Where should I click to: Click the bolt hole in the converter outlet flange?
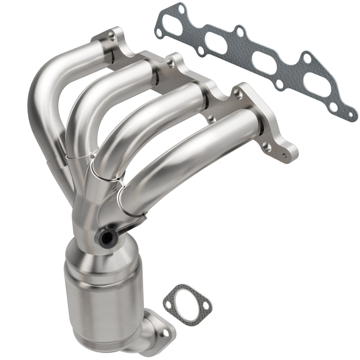[x=165, y=334]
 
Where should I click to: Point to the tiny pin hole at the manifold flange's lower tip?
[x=285, y=155]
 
